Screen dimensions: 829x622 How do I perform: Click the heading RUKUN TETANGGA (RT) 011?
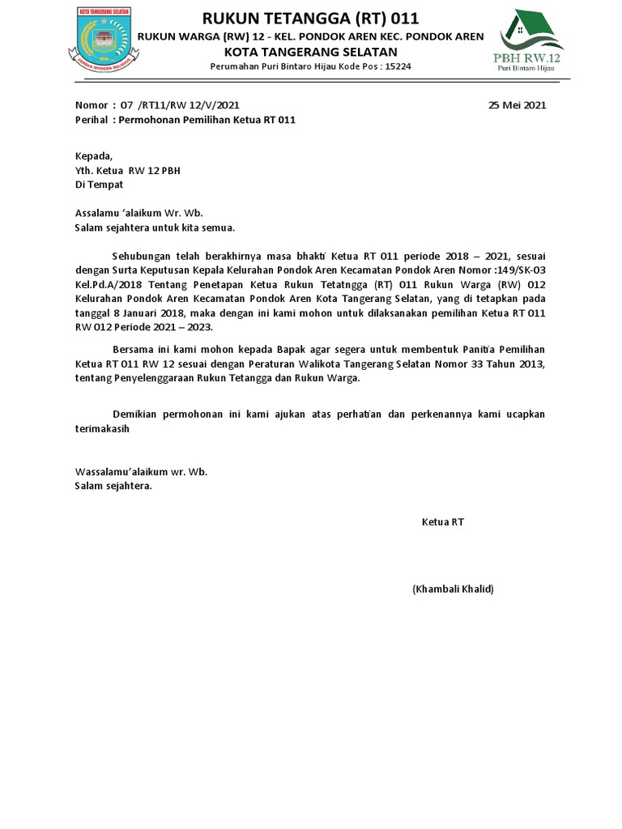click(x=310, y=19)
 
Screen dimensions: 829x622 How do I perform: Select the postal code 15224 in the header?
click(x=396, y=66)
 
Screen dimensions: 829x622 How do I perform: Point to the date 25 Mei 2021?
click(x=518, y=105)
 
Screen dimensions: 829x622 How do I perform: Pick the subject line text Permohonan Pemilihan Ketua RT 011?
click(x=207, y=120)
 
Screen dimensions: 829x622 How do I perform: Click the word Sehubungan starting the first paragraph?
click(x=141, y=257)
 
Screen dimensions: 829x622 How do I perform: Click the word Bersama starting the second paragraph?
click(x=131, y=349)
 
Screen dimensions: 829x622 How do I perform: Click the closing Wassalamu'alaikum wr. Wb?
click(x=141, y=472)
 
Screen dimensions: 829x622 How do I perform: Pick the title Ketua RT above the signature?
click(x=442, y=523)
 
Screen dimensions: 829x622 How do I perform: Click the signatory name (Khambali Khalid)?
click(x=453, y=589)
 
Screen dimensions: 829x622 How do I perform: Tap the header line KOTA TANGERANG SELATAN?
click(x=310, y=51)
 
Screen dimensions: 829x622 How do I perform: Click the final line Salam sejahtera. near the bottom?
click(x=113, y=487)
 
